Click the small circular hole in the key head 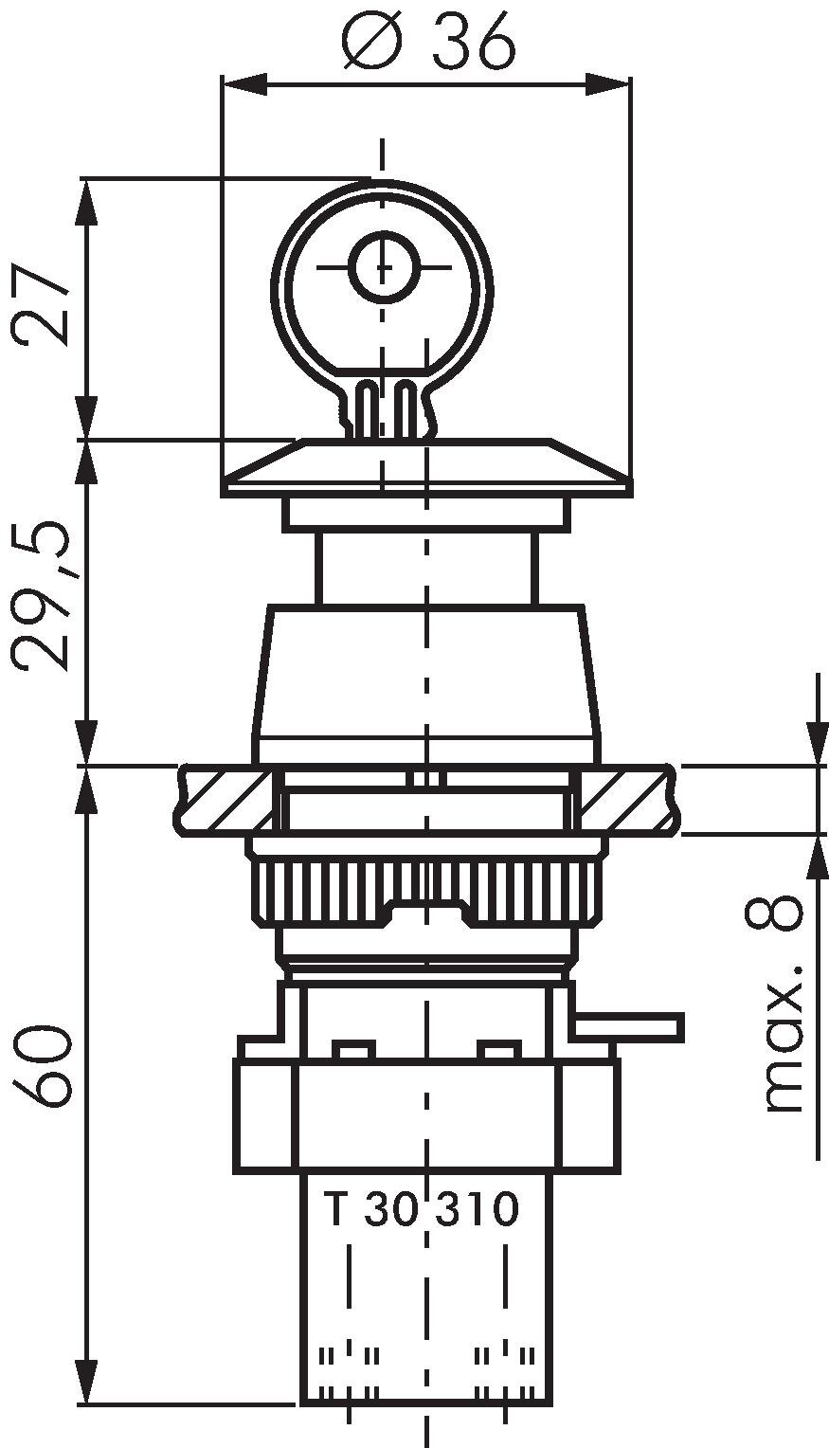pyautogui.click(x=383, y=267)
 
